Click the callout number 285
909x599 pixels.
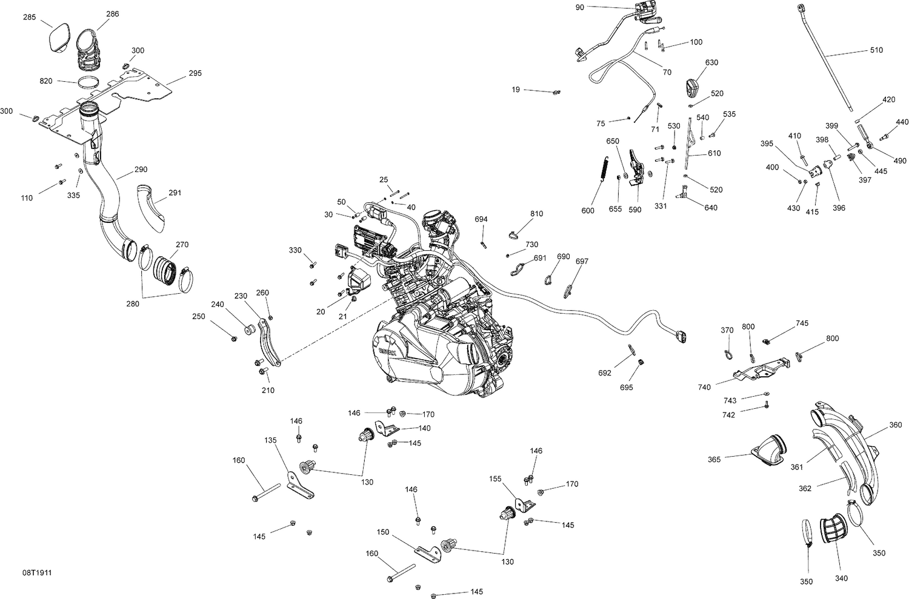click(29, 17)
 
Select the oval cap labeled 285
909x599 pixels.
click(59, 38)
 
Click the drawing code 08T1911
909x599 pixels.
click(37, 572)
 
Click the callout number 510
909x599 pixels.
click(876, 50)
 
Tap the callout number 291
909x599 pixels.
click(175, 193)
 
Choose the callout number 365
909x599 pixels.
click(714, 460)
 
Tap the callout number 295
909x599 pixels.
click(195, 73)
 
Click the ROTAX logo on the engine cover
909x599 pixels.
click(387, 352)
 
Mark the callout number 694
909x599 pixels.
click(481, 219)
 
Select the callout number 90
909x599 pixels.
click(579, 7)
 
